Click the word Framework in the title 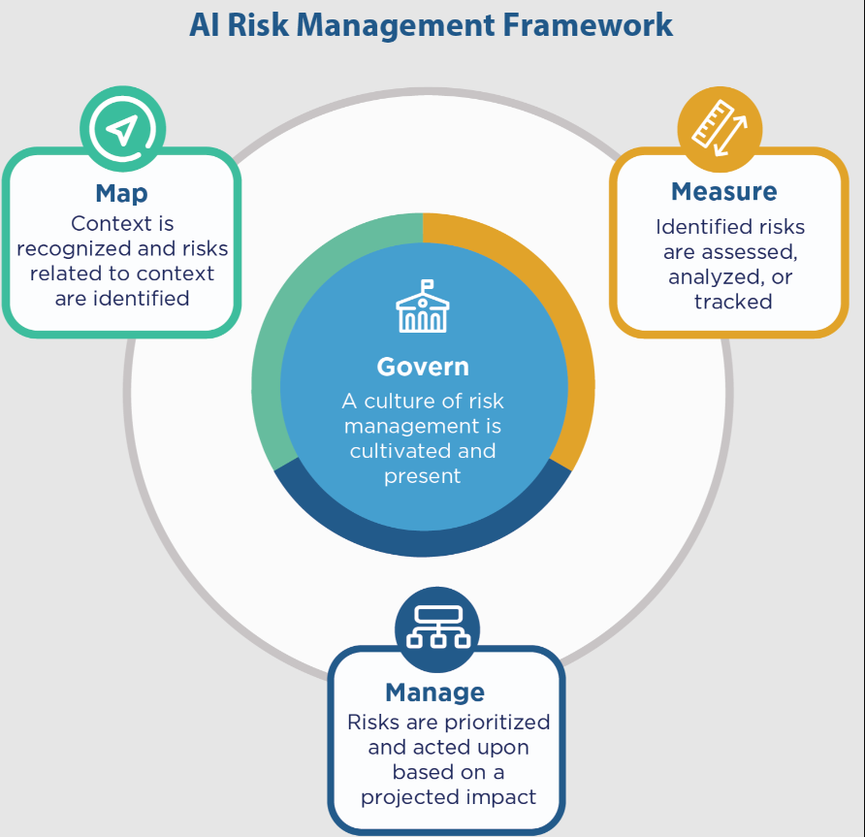point(588,25)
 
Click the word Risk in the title point(258,25)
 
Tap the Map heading point(121,194)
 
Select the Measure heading point(723,191)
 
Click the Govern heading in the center point(423,367)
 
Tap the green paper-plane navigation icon point(122,129)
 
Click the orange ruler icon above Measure point(720,129)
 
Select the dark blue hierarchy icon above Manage point(437,629)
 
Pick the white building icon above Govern point(423,306)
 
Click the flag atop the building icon point(427,285)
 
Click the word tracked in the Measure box point(733,302)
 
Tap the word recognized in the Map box point(74,249)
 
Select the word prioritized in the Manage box point(497,723)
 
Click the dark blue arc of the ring point(423,543)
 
